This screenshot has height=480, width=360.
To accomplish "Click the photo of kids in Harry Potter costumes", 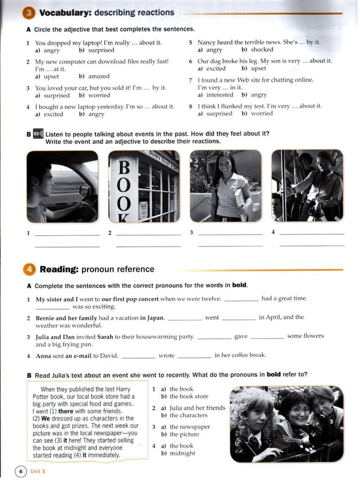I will [286, 422].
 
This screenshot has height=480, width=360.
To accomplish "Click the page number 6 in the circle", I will [20, 470].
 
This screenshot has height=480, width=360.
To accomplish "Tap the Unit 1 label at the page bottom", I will [38, 471].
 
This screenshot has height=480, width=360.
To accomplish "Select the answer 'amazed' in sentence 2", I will [98, 76].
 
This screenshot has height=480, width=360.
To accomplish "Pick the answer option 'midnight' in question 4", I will [182, 453].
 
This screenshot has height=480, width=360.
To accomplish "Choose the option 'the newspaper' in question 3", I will [190, 427].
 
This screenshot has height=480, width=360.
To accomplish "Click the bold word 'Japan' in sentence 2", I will [152, 318].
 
